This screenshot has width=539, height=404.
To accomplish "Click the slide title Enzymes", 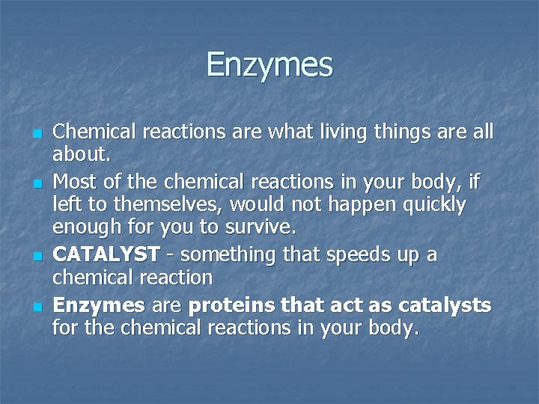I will [x=269, y=64].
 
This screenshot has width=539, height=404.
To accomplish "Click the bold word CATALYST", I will [x=106, y=255].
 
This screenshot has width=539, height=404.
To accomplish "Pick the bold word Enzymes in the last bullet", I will [x=99, y=304].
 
